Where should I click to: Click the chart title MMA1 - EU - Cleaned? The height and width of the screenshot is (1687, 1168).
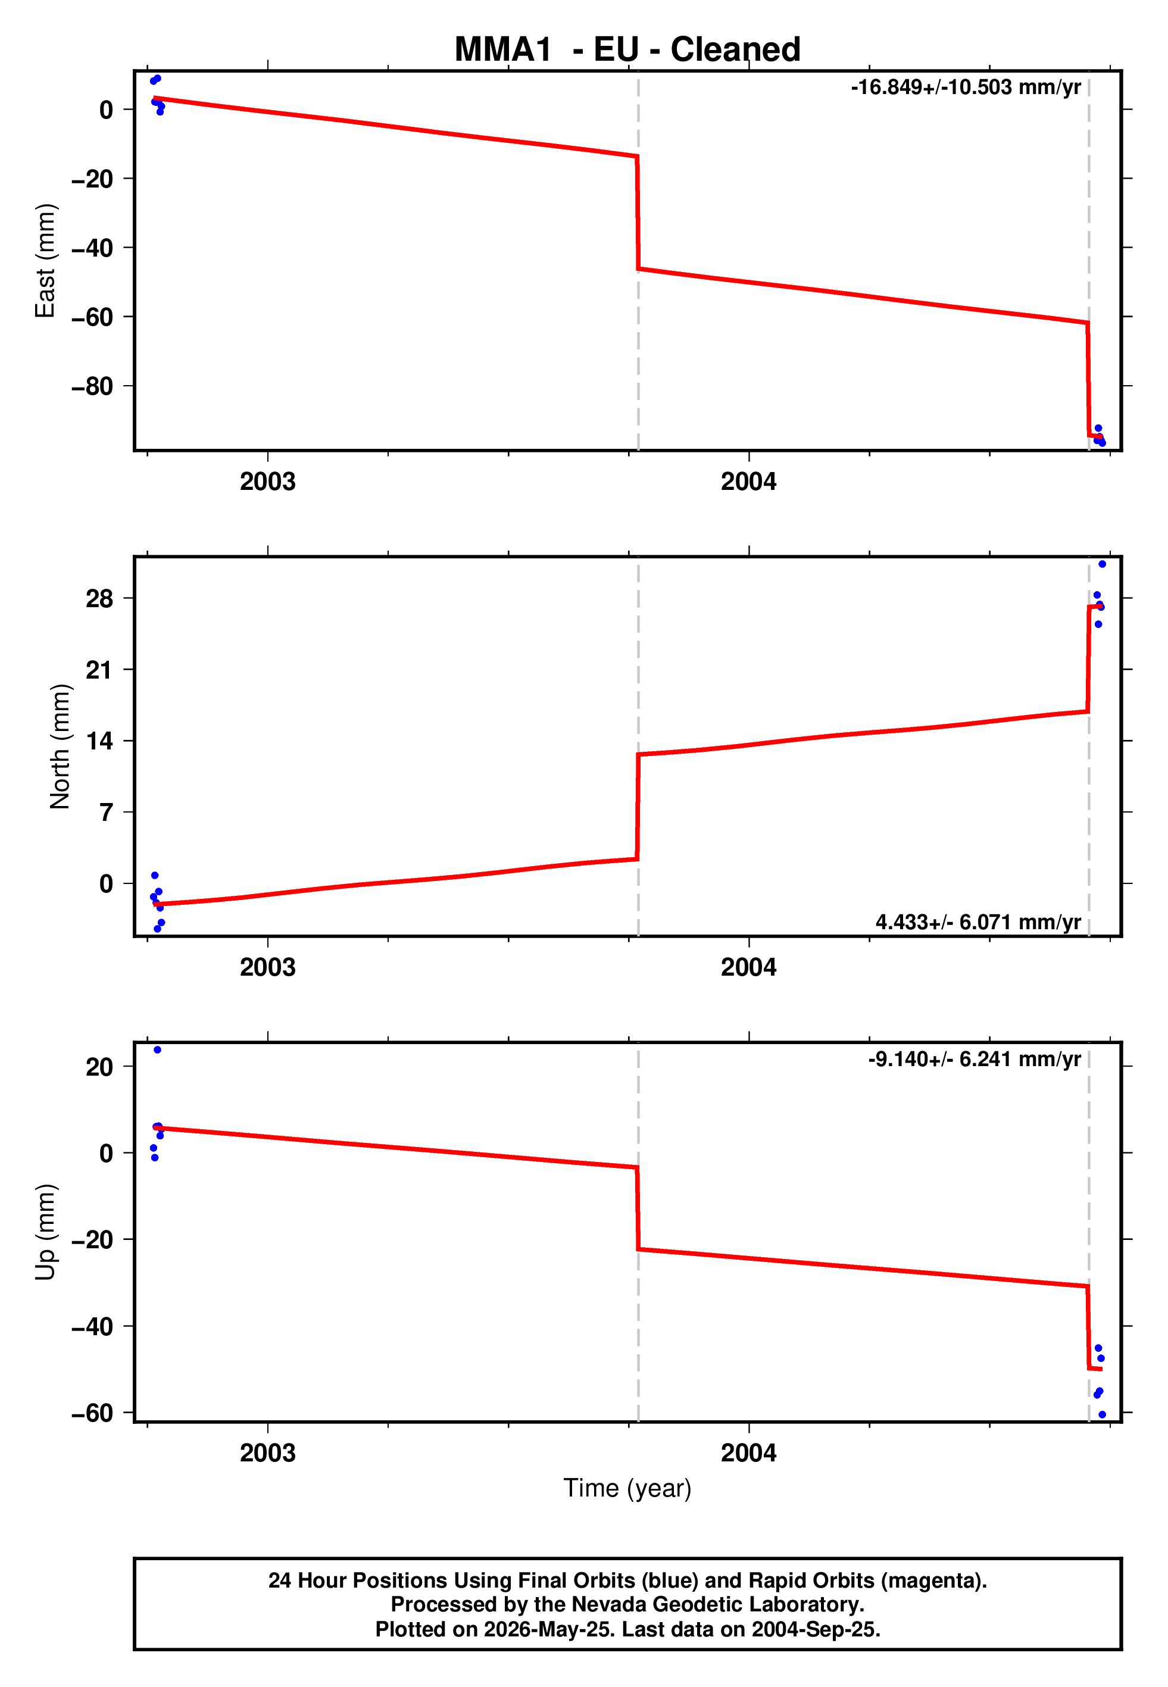pyautogui.click(x=627, y=50)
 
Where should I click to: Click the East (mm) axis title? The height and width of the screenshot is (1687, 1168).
pyautogui.click(x=45, y=261)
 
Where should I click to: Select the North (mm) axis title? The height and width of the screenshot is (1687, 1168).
pyautogui.click(x=60, y=746)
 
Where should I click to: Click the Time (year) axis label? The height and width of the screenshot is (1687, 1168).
pyautogui.click(x=627, y=1489)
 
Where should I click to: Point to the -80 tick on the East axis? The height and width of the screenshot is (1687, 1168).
pyautogui.click(x=92, y=386)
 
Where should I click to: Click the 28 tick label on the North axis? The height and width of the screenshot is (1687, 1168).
pyautogui.click(x=99, y=598)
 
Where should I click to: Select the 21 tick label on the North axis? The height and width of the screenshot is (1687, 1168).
pyautogui.click(x=99, y=670)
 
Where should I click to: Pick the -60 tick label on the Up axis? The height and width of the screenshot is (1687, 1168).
pyautogui.click(x=92, y=1413)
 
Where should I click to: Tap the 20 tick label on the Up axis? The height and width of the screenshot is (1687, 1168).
pyautogui.click(x=99, y=1067)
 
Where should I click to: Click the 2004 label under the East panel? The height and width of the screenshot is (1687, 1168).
pyautogui.click(x=749, y=482)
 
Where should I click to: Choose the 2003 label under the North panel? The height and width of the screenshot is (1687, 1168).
pyautogui.click(x=268, y=967)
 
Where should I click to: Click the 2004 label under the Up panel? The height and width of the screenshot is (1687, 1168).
pyautogui.click(x=749, y=1452)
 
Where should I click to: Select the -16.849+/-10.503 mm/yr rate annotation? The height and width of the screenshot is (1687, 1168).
pyautogui.click(x=966, y=87)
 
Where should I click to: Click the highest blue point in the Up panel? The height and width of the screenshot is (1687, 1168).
pyautogui.click(x=157, y=1050)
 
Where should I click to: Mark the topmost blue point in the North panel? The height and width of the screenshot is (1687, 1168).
pyautogui.click(x=1102, y=564)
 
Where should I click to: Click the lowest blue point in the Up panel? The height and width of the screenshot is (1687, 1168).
pyautogui.click(x=1102, y=1415)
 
